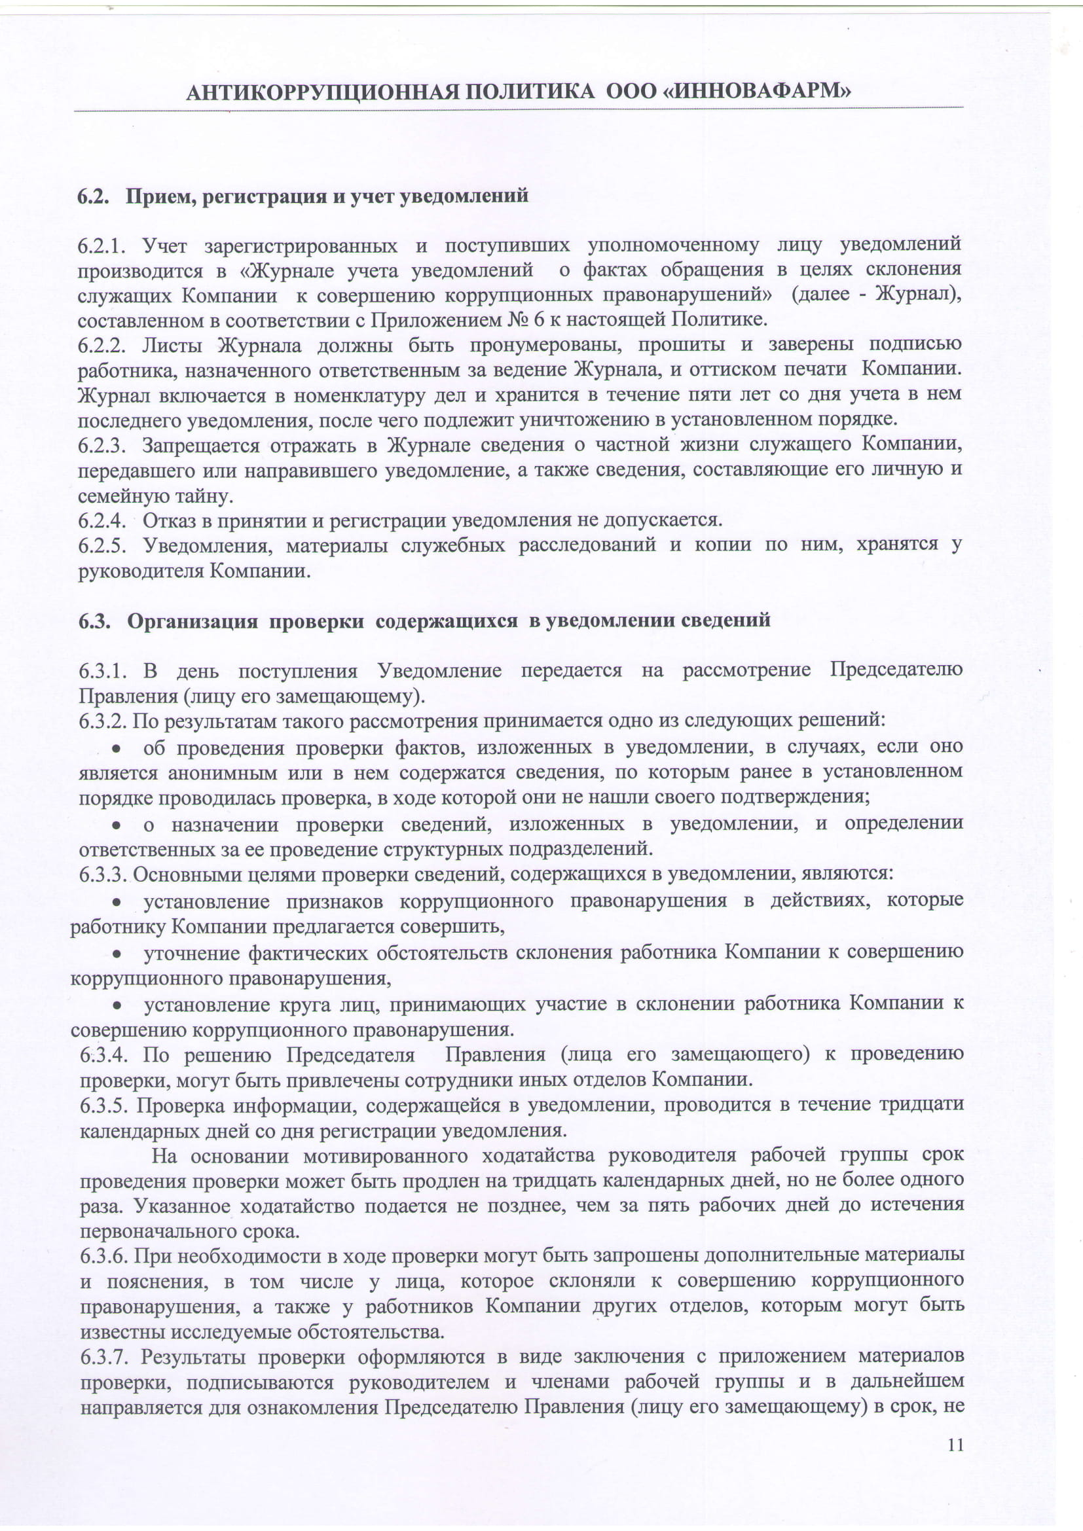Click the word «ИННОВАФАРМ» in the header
(757, 92)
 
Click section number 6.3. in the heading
(94, 621)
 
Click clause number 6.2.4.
(102, 520)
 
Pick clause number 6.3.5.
(103, 1105)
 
